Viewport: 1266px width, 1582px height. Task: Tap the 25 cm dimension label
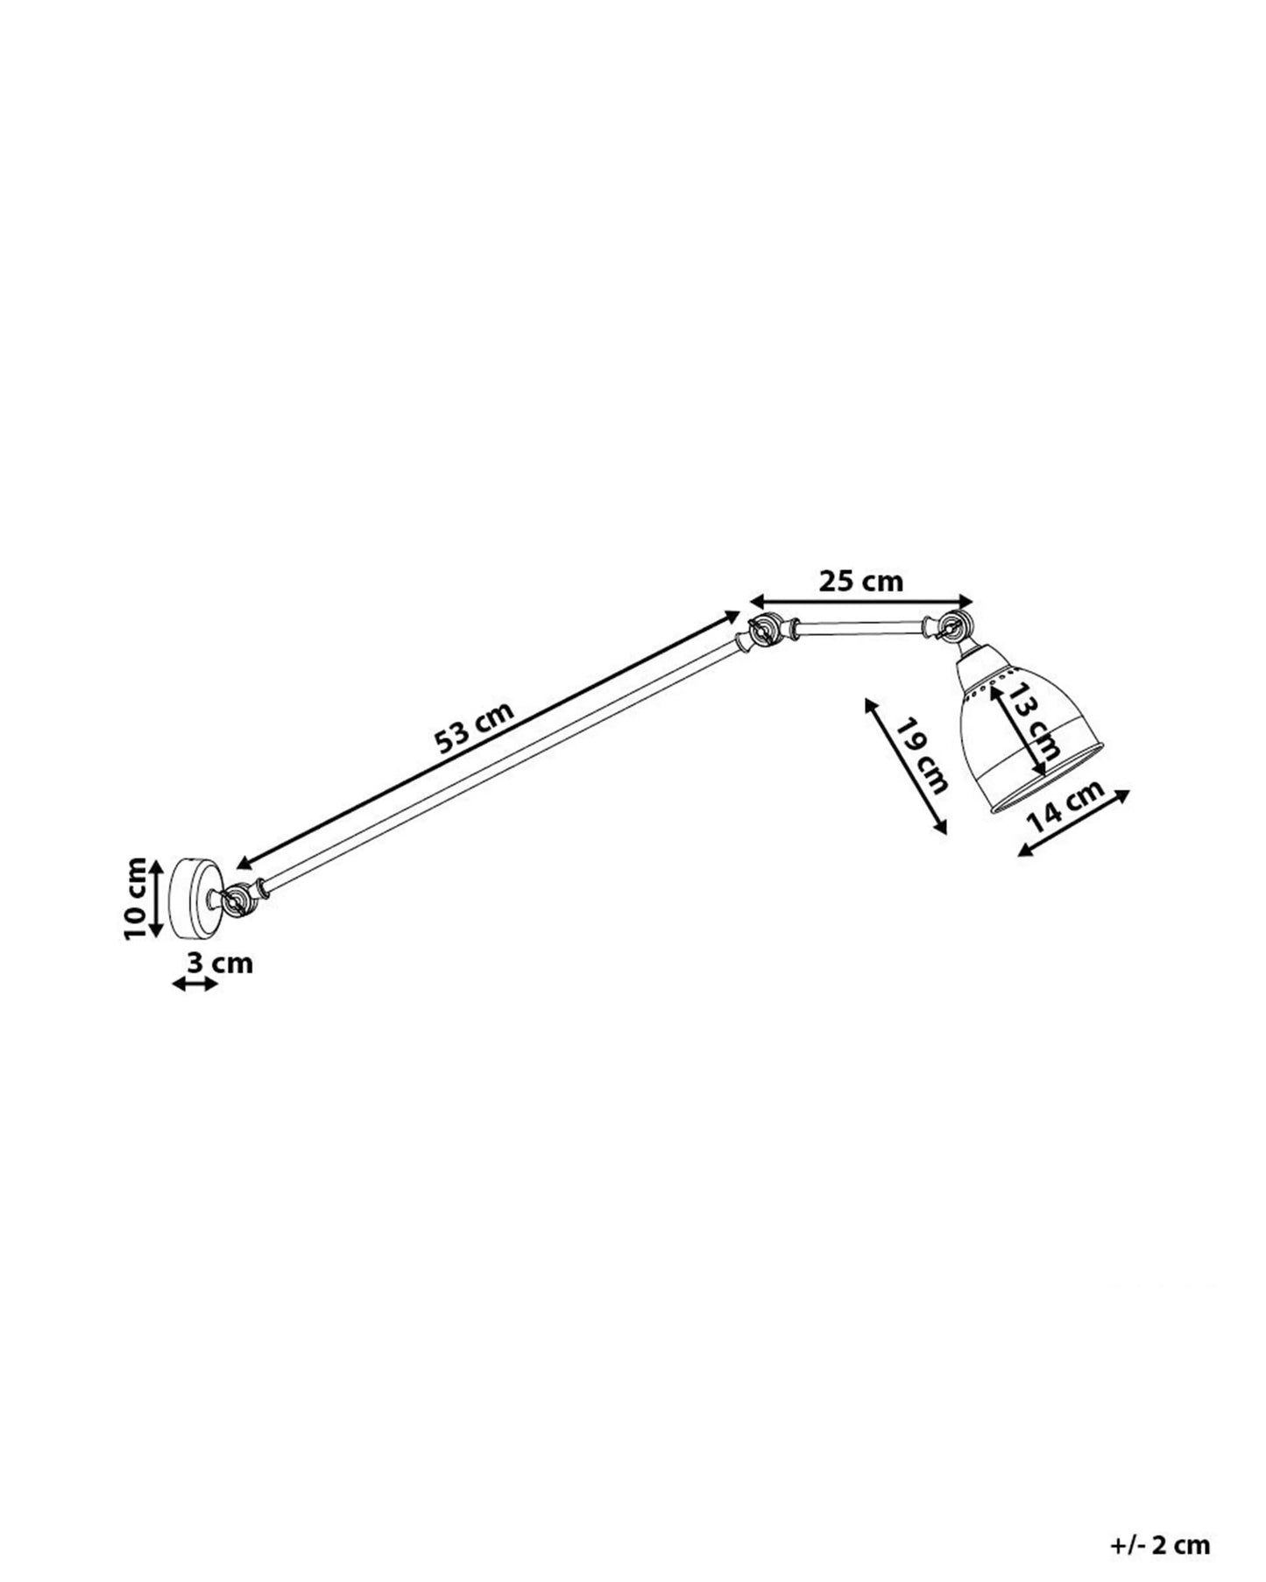coord(860,581)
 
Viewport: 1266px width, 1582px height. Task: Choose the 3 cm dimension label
coord(219,964)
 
